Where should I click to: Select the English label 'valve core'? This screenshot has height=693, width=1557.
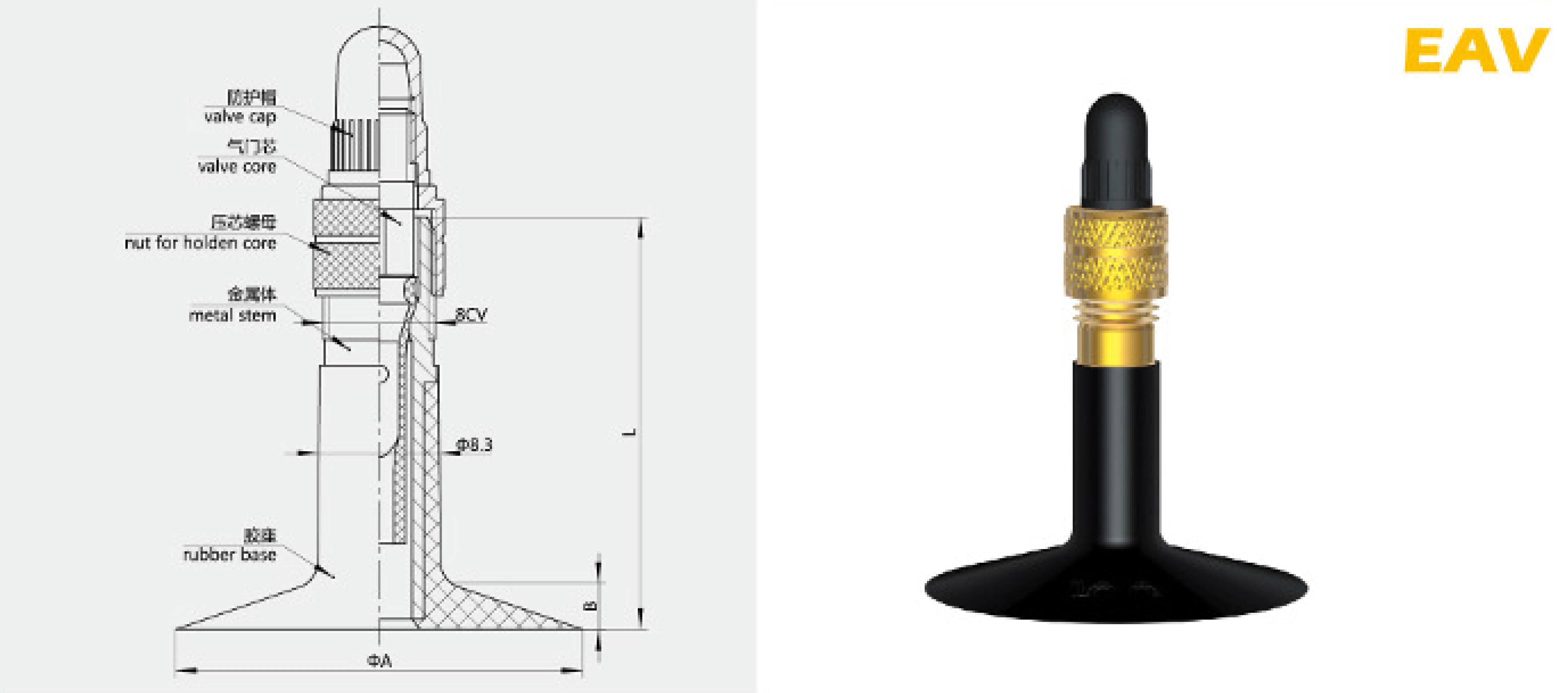click(237, 166)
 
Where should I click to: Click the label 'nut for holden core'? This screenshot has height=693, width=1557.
click(200, 243)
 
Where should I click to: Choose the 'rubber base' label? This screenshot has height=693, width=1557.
click(230, 555)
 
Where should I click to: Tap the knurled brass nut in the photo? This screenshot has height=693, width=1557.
click(1116, 254)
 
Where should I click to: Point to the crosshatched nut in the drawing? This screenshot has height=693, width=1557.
click(346, 248)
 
